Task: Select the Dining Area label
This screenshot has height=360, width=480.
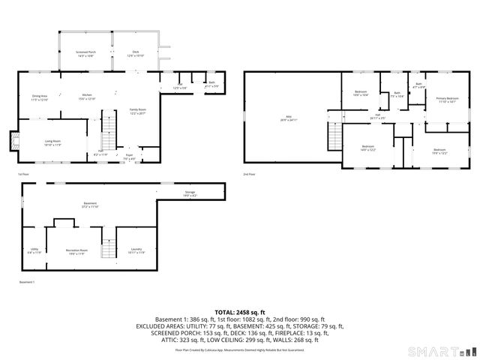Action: tap(40, 97)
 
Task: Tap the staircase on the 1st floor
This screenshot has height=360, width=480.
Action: tap(110, 129)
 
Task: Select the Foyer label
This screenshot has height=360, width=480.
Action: tap(130, 157)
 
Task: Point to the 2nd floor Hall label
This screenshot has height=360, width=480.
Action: tap(377, 116)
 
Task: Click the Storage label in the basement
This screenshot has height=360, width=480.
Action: tap(190, 194)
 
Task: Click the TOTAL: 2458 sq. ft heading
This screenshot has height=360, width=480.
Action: tap(240, 312)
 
